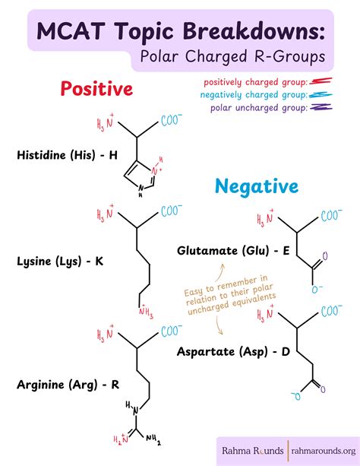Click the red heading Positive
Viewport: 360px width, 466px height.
click(x=96, y=89)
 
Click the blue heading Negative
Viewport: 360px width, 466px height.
click(x=257, y=187)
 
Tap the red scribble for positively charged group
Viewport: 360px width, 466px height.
click(x=321, y=81)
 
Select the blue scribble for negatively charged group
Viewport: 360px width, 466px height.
click(x=321, y=95)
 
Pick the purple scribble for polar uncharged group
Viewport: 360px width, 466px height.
click(x=321, y=107)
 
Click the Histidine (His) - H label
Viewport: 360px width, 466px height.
click(x=67, y=155)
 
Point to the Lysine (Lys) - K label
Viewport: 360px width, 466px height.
click(x=60, y=262)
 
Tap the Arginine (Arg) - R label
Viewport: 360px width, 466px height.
click(x=68, y=385)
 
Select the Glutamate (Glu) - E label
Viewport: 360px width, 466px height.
click(x=233, y=251)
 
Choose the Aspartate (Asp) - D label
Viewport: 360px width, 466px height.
click(x=233, y=352)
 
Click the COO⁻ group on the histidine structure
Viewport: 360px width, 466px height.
click(x=172, y=120)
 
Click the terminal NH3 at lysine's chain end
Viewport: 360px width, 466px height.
click(x=146, y=312)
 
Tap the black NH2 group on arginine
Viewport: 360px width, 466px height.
click(x=153, y=439)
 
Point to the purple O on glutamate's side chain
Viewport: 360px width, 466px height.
click(x=324, y=256)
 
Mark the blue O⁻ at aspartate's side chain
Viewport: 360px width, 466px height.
click(x=296, y=395)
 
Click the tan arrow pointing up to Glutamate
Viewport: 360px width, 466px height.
click(x=219, y=272)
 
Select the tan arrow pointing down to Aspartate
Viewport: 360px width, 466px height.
click(x=219, y=325)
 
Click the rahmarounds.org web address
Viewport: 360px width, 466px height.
click(x=324, y=451)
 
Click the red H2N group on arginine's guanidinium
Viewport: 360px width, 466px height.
click(x=122, y=439)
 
